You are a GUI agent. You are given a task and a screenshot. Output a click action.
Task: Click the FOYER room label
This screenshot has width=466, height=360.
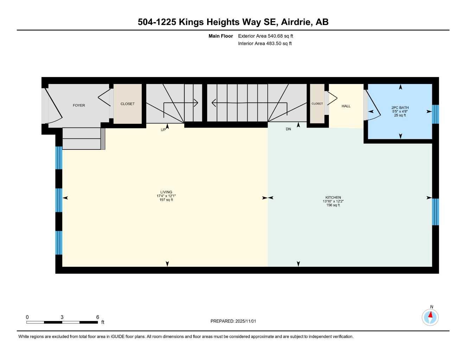click(x=79, y=105)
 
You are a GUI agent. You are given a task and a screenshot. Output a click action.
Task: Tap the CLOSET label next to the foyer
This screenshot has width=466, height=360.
click(x=127, y=104)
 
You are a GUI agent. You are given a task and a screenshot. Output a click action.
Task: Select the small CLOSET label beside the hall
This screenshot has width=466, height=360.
click(x=317, y=104)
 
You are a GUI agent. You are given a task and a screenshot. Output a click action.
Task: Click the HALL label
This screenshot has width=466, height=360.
click(x=346, y=106)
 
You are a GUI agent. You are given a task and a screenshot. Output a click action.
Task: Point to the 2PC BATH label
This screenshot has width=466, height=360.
click(x=400, y=108)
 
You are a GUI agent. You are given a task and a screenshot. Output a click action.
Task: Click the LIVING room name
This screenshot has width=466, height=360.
click(x=166, y=192)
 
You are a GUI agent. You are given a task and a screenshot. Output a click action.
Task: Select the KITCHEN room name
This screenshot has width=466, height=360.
click(x=333, y=198)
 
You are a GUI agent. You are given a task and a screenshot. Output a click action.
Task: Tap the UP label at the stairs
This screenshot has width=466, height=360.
click(x=163, y=130)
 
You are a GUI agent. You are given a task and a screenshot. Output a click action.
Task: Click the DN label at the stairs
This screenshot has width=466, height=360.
click(x=288, y=129)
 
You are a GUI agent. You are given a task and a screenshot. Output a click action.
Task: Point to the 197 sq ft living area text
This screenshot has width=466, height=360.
click(x=166, y=200)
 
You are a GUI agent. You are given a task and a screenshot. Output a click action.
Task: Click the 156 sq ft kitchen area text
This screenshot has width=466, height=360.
click(x=333, y=205)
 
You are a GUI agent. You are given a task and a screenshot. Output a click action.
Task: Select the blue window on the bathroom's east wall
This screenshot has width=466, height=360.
click(x=435, y=114)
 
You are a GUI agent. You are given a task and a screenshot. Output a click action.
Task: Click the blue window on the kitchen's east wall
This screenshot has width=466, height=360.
click(x=435, y=212)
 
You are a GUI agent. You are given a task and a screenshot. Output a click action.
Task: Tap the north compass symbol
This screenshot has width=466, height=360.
click(x=430, y=317)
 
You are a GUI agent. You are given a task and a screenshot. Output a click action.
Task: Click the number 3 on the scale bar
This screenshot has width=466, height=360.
click(x=62, y=317)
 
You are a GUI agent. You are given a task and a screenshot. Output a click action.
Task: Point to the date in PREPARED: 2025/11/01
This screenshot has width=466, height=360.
click(x=246, y=321)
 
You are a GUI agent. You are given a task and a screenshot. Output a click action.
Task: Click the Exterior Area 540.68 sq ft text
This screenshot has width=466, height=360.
click(x=266, y=36)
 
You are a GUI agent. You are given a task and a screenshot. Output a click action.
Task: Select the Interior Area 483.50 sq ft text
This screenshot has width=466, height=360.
click(x=265, y=44)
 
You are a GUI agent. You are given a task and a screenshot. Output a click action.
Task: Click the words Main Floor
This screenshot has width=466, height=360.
click(x=221, y=36)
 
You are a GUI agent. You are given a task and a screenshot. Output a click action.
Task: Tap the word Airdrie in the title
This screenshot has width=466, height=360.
click(x=296, y=22)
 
